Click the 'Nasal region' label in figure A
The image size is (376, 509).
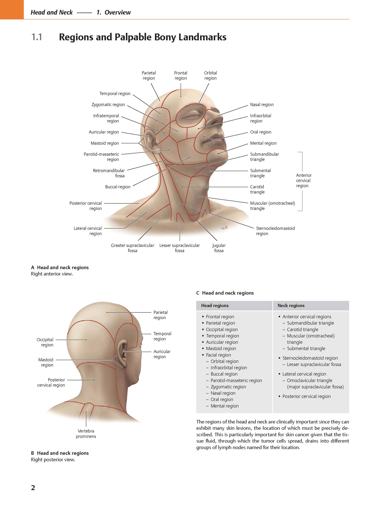[x=262, y=105]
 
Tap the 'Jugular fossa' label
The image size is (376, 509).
[x=219, y=248]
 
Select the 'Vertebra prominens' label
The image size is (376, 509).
[x=86, y=434]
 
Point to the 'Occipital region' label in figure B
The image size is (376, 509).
[x=45, y=342]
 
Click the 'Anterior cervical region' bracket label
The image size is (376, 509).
[x=304, y=181]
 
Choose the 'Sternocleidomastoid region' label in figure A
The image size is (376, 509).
[x=275, y=231]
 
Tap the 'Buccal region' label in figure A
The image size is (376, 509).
[x=118, y=187]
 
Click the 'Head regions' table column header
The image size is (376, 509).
[x=215, y=306]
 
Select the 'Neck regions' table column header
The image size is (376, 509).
[x=291, y=306]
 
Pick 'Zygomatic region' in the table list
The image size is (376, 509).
[x=228, y=387]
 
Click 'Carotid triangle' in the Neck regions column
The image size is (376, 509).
[x=303, y=330]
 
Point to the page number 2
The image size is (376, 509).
[x=33, y=488]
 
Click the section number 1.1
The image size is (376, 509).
[x=37, y=37]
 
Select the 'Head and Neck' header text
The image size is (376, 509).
[x=52, y=12]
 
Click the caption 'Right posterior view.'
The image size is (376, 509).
[x=53, y=460]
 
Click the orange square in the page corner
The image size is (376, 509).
[x=12, y=10]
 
